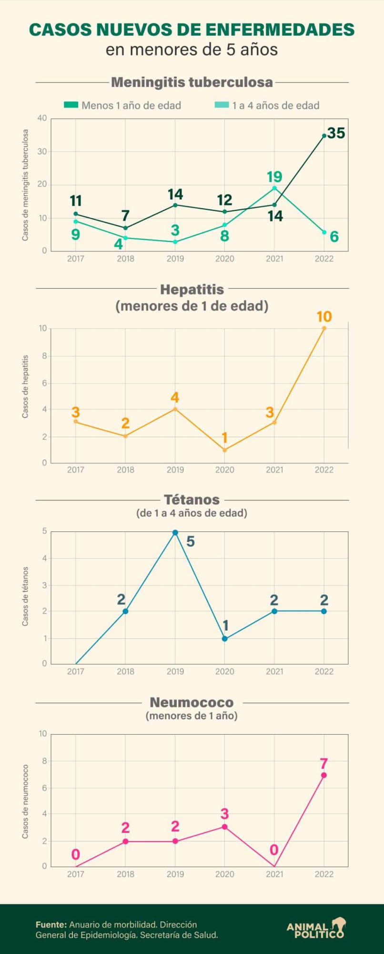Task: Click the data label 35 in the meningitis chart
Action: pos(336,134)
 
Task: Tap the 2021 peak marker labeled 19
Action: pos(274,188)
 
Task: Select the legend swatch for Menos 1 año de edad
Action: pos(71,105)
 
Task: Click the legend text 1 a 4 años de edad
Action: pos(275,105)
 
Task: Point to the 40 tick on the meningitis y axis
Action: pos(42,118)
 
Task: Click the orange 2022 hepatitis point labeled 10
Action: pos(324,328)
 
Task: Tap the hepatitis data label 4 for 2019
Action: pos(175,397)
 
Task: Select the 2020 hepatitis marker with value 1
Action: pos(225,450)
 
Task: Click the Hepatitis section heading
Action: pos(192,289)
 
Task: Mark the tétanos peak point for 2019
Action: pos(175,532)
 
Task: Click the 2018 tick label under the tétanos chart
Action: pos(125,671)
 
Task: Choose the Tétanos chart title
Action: pos(192,499)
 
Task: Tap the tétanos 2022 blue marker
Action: pos(324,611)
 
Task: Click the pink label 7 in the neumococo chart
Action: pos(324,764)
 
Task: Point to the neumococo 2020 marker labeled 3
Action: pos(225,827)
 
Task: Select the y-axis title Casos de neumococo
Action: pos(25,801)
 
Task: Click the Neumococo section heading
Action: pos(192,702)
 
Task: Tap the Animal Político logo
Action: pos(316,928)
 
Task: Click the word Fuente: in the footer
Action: pos(51,924)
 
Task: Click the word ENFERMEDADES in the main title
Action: pos(276,30)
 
